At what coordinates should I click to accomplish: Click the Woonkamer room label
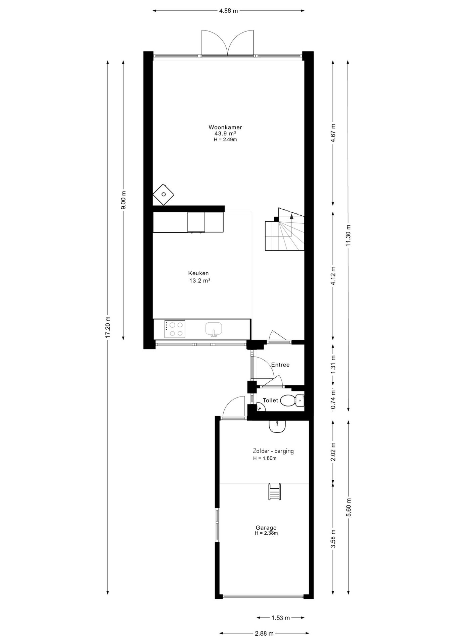click(225, 127)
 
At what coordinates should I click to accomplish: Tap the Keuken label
click(198, 273)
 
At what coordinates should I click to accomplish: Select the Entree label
click(280, 365)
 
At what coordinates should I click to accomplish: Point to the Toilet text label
click(270, 400)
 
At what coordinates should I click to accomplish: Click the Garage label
click(266, 528)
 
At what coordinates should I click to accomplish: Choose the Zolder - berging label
click(273, 451)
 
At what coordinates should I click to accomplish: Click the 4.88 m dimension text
click(228, 11)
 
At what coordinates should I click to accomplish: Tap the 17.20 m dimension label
click(107, 327)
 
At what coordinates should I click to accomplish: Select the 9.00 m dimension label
click(123, 200)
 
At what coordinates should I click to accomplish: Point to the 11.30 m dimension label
click(348, 234)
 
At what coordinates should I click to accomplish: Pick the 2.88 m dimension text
click(264, 634)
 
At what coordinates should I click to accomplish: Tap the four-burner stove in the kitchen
click(175, 329)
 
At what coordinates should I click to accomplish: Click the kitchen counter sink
click(214, 329)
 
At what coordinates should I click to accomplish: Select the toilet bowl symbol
click(287, 400)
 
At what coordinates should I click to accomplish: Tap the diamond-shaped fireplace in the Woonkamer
click(164, 195)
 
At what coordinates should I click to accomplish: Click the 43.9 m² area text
click(225, 133)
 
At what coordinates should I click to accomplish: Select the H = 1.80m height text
click(265, 459)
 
